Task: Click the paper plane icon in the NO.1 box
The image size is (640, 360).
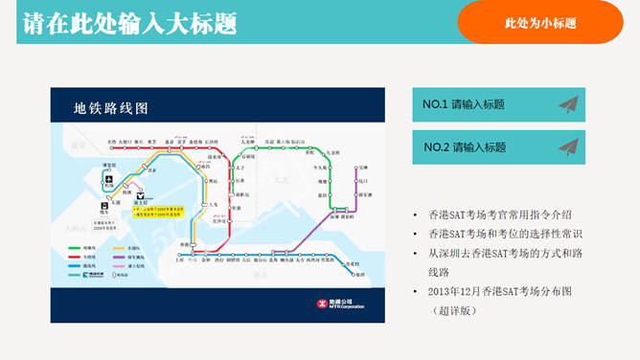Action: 569,104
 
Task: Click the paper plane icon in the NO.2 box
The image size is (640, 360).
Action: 569,147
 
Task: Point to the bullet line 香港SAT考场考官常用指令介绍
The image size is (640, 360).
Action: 514,214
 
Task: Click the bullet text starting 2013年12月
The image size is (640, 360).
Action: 514,290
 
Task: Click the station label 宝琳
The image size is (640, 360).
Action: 363,169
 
